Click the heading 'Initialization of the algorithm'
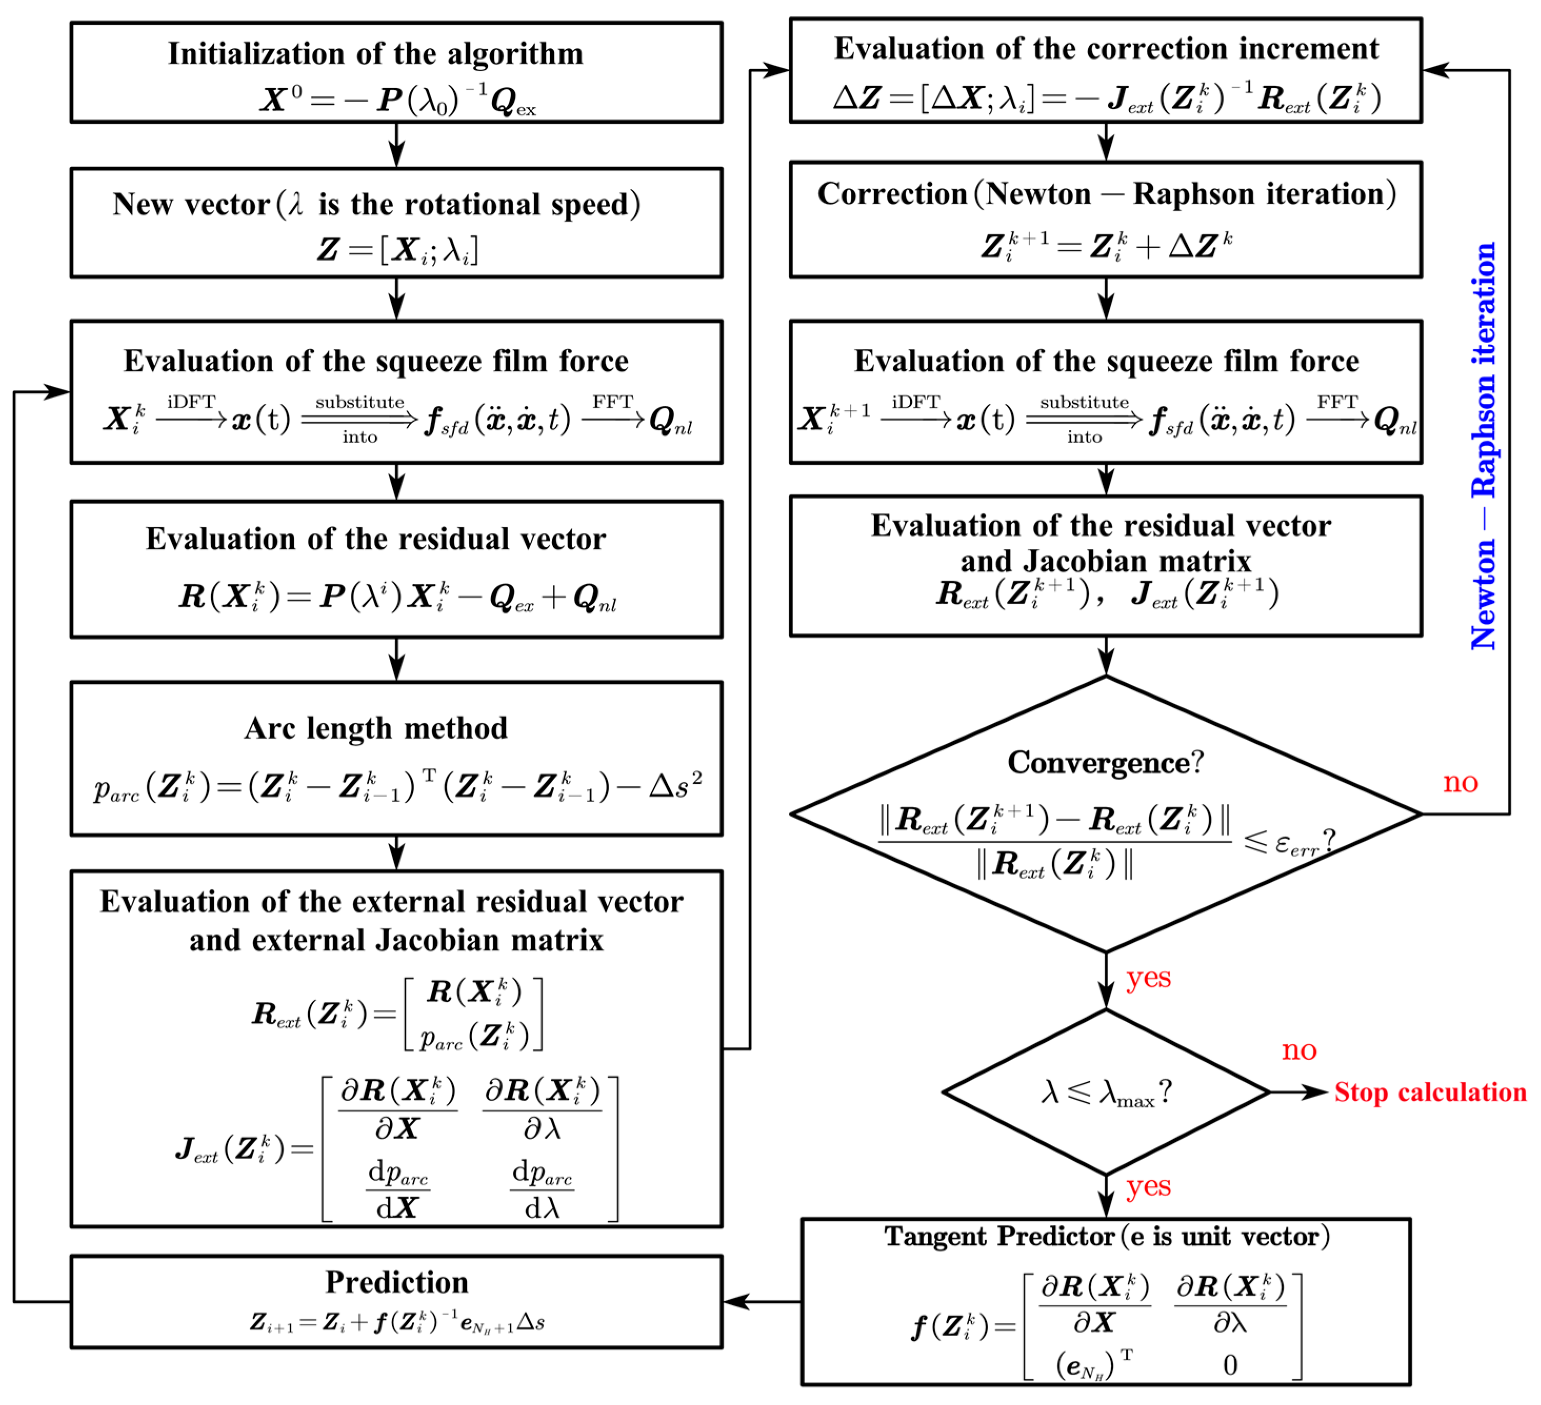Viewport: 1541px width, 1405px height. [x=375, y=54]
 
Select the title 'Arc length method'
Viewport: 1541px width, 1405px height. [x=375, y=729]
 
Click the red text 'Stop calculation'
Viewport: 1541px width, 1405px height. [x=1429, y=1092]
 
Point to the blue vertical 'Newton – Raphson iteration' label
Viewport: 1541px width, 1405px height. [x=1483, y=446]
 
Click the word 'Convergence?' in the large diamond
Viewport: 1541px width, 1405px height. [x=1105, y=762]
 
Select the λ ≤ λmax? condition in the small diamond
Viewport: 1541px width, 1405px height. [x=1105, y=1092]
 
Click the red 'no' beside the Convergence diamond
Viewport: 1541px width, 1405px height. [x=1460, y=782]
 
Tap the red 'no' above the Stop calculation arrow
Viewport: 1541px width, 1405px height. [x=1299, y=1050]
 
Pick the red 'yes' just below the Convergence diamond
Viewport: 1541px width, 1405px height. [x=1148, y=978]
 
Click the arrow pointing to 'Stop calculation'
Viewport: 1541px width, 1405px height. [x=1299, y=1092]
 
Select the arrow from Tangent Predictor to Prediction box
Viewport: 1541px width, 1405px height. [x=762, y=1302]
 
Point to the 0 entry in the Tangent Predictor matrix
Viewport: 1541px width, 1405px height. [x=1230, y=1365]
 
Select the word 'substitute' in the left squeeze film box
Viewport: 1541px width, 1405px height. [x=359, y=403]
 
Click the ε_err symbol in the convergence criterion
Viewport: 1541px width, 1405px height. [x=1296, y=843]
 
